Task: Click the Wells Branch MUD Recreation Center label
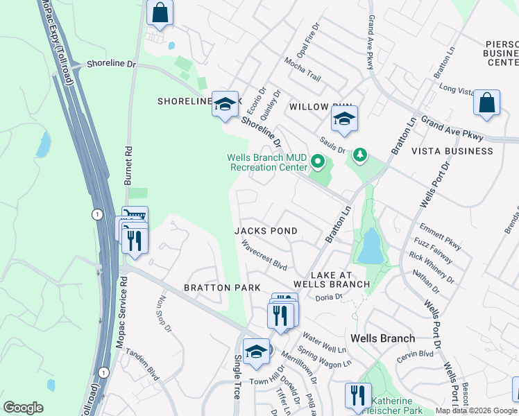coord(267,162)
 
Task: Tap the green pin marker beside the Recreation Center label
coord(318,162)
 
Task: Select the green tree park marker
coord(359,155)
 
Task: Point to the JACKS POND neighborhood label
coord(266,231)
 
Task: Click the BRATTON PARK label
coord(221,288)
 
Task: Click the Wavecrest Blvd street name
coord(264,255)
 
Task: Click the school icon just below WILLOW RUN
coord(344,119)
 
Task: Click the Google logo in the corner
coord(23,408)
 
